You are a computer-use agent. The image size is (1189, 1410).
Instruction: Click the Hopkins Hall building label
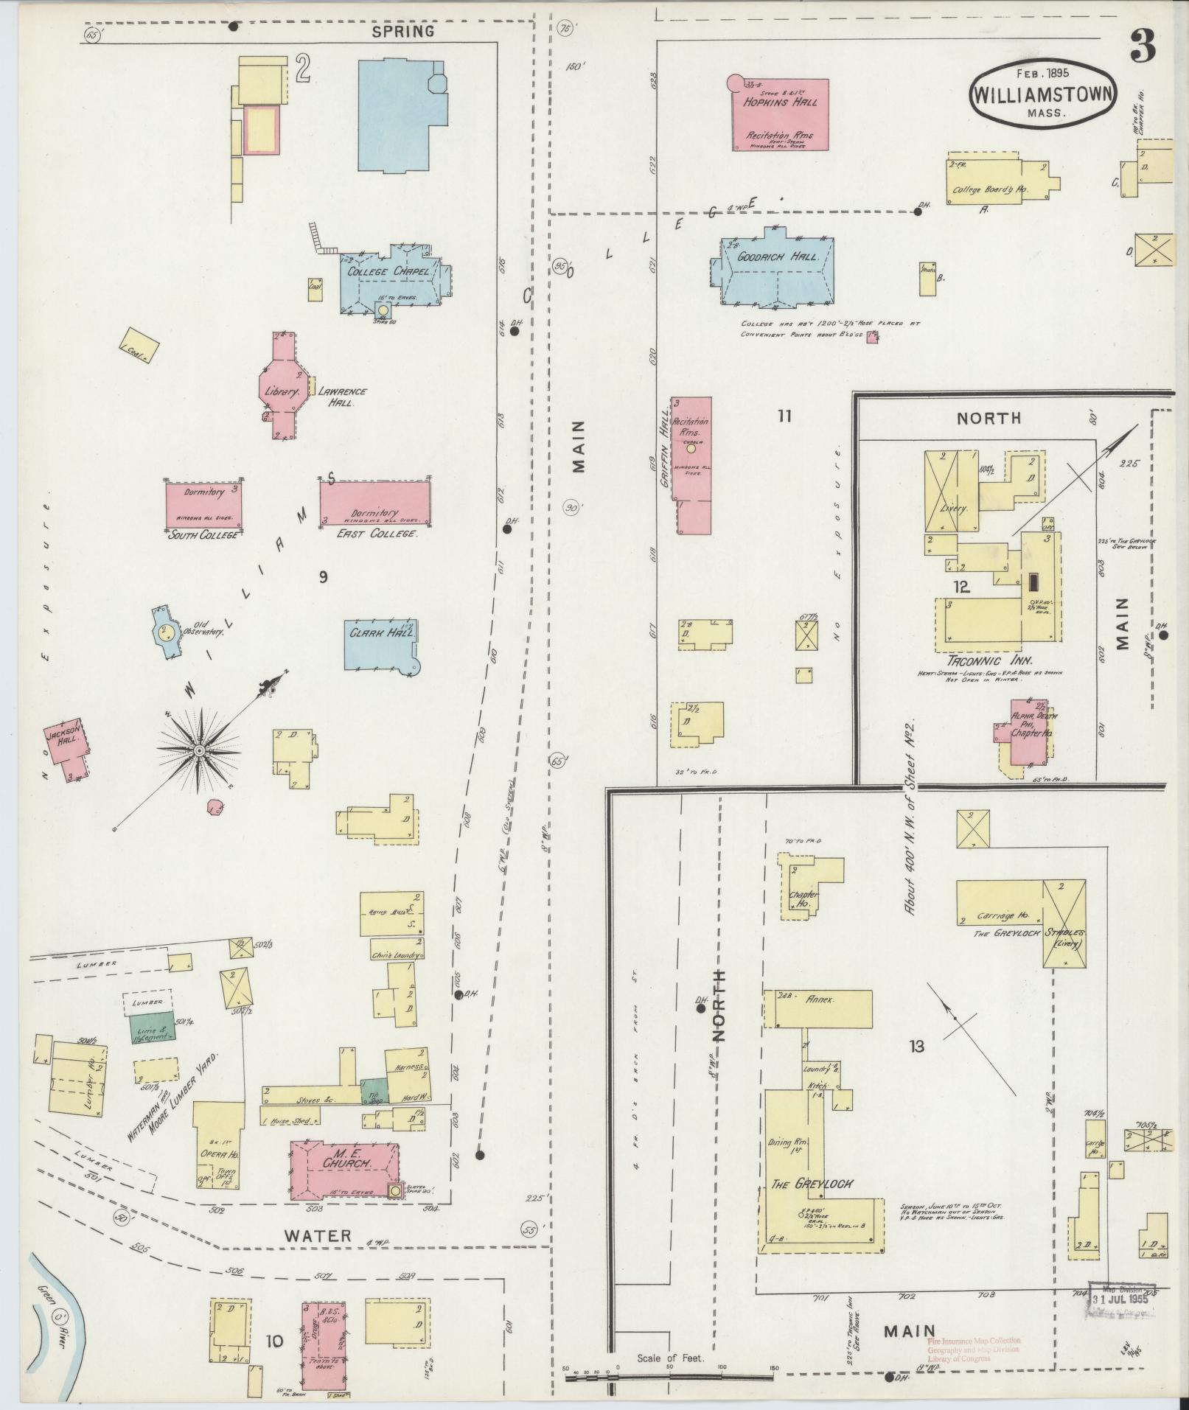click(780, 103)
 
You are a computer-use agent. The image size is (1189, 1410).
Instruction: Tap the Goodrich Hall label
click(772, 257)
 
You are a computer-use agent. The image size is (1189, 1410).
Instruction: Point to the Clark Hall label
click(382, 632)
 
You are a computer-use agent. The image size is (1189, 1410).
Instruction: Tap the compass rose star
click(198, 750)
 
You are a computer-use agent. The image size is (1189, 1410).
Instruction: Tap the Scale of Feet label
click(671, 1357)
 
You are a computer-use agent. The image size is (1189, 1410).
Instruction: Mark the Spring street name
click(402, 31)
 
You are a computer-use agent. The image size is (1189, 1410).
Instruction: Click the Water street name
click(319, 1235)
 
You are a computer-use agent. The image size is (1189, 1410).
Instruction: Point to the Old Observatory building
click(167, 632)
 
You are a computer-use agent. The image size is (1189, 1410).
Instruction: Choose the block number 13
click(916, 1045)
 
